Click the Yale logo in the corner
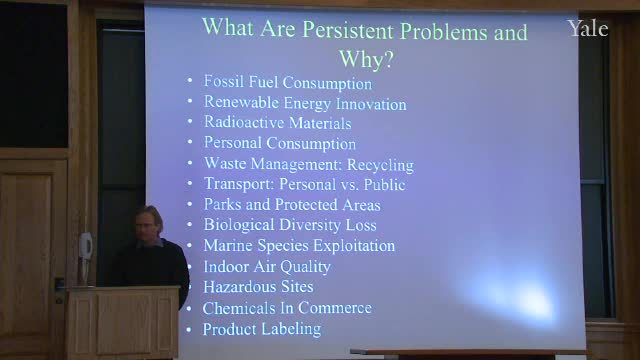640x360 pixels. (x=588, y=29)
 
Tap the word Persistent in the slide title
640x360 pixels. (x=349, y=30)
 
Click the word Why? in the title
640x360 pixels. (x=366, y=59)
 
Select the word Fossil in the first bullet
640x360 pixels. (x=224, y=81)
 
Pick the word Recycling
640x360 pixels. (x=380, y=165)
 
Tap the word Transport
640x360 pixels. (x=239, y=184)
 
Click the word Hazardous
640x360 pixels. (x=234, y=287)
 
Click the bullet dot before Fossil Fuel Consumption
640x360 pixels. (x=189, y=80)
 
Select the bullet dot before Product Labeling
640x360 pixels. (x=189, y=329)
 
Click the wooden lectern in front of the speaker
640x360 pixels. (x=122, y=322)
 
